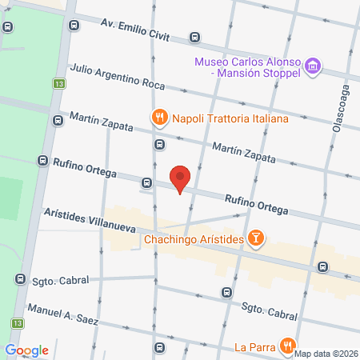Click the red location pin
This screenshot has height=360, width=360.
coord(181,178)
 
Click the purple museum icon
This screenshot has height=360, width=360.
coord(314,65)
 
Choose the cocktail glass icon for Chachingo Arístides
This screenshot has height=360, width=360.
coord(255,238)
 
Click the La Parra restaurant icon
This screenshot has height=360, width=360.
coord(286,346)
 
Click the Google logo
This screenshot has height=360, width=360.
coord(26,350)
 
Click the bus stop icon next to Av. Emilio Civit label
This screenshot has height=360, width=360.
coord(196,37)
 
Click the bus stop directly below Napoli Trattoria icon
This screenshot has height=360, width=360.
coord(160,145)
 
